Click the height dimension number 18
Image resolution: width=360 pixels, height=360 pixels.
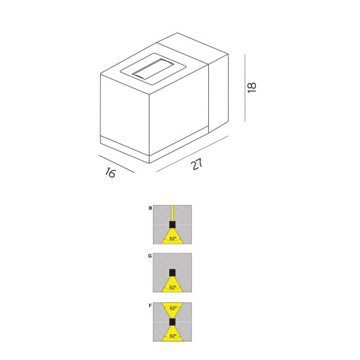click(x=252, y=87)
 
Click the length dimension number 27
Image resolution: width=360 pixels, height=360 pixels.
click(x=197, y=164)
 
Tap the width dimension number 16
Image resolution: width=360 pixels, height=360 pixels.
click(x=110, y=172)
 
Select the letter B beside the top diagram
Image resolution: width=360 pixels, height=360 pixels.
click(x=151, y=208)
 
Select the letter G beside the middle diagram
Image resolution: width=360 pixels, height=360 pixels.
click(x=150, y=256)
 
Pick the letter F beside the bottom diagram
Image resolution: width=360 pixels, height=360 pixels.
click(x=151, y=305)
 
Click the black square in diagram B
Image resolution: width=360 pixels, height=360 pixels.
click(x=172, y=224)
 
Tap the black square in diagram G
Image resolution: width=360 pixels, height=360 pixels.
click(x=172, y=272)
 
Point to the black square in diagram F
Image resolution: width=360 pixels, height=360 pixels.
click(x=172, y=322)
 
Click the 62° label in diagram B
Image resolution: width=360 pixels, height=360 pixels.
click(x=173, y=239)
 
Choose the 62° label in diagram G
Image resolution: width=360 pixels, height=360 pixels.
click(x=173, y=287)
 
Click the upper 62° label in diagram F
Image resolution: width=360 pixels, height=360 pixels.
click(x=173, y=308)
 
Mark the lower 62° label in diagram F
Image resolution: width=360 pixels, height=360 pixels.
click(x=173, y=336)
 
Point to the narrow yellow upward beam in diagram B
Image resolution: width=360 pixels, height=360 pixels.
click(x=172, y=213)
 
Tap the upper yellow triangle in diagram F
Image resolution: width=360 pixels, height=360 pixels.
click(x=172, y=310)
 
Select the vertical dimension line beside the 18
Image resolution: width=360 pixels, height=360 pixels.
click(x=245, y=88)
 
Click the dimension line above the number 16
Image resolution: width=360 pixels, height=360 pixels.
click(x=116, y=164)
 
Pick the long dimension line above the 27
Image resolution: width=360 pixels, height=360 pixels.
click(x=193, y=154)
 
